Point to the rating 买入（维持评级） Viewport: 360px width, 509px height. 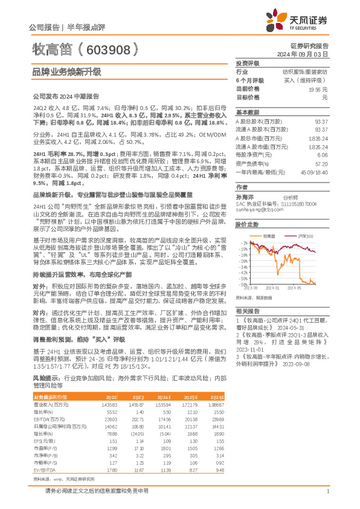coord(309,80)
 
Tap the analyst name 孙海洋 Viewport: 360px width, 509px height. coord(245,196)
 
